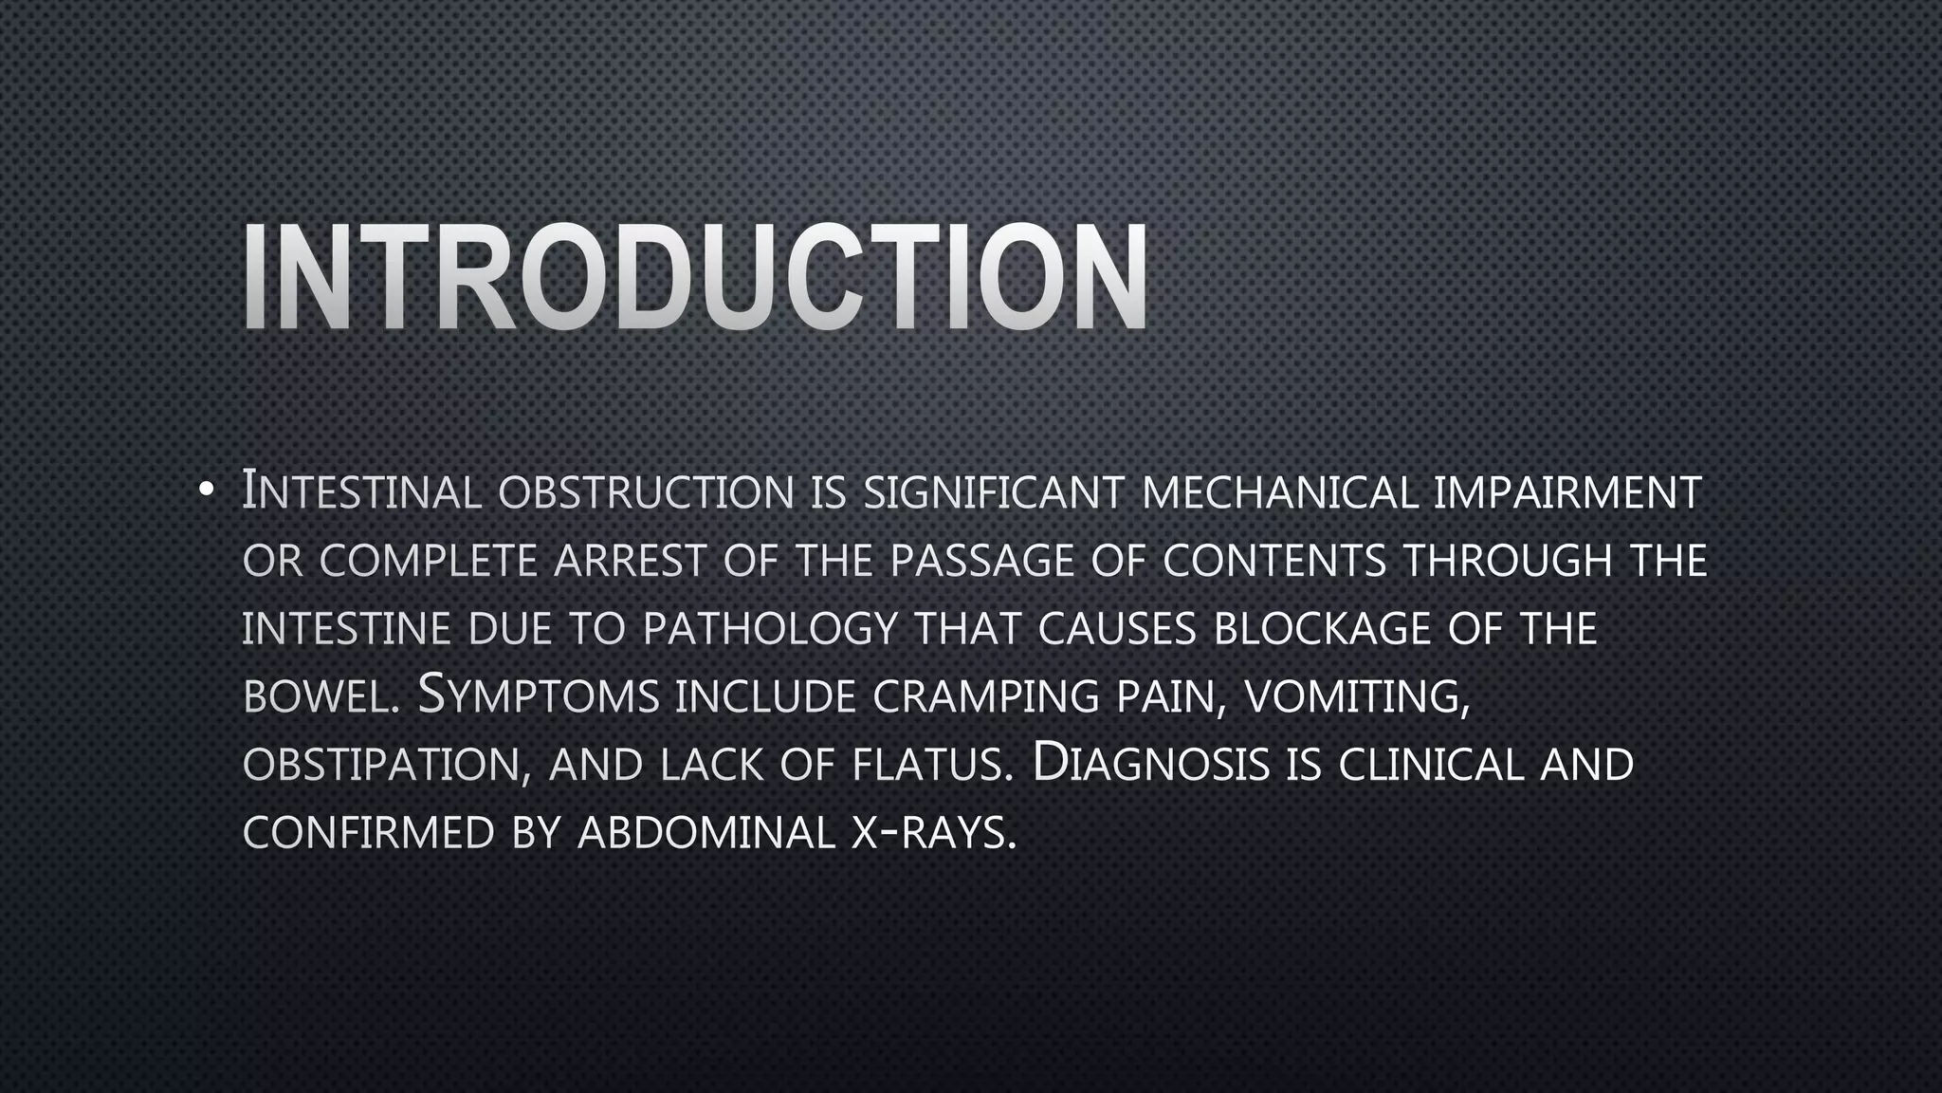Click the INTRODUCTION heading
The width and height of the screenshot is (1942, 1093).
[695, 277]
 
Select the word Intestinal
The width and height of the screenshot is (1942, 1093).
[361, 492]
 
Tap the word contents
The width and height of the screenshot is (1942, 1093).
[1274, 561]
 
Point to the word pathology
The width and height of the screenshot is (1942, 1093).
[769, 629]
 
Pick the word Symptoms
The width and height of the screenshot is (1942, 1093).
[539, 697]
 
